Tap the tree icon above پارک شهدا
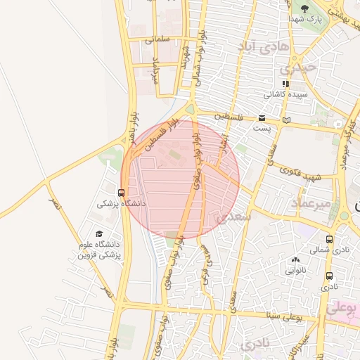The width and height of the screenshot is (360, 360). point(304,8)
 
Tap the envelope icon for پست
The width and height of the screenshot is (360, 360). point(262,118)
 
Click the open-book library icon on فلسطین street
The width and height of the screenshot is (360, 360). point(285,120)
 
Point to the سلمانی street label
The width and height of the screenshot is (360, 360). point(159,41)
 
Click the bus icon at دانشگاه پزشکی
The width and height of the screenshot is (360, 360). point(122,193)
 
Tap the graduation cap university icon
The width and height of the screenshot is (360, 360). point(98,235)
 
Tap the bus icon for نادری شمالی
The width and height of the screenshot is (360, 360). point(330,240)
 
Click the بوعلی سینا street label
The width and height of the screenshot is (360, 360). point(285,316)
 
